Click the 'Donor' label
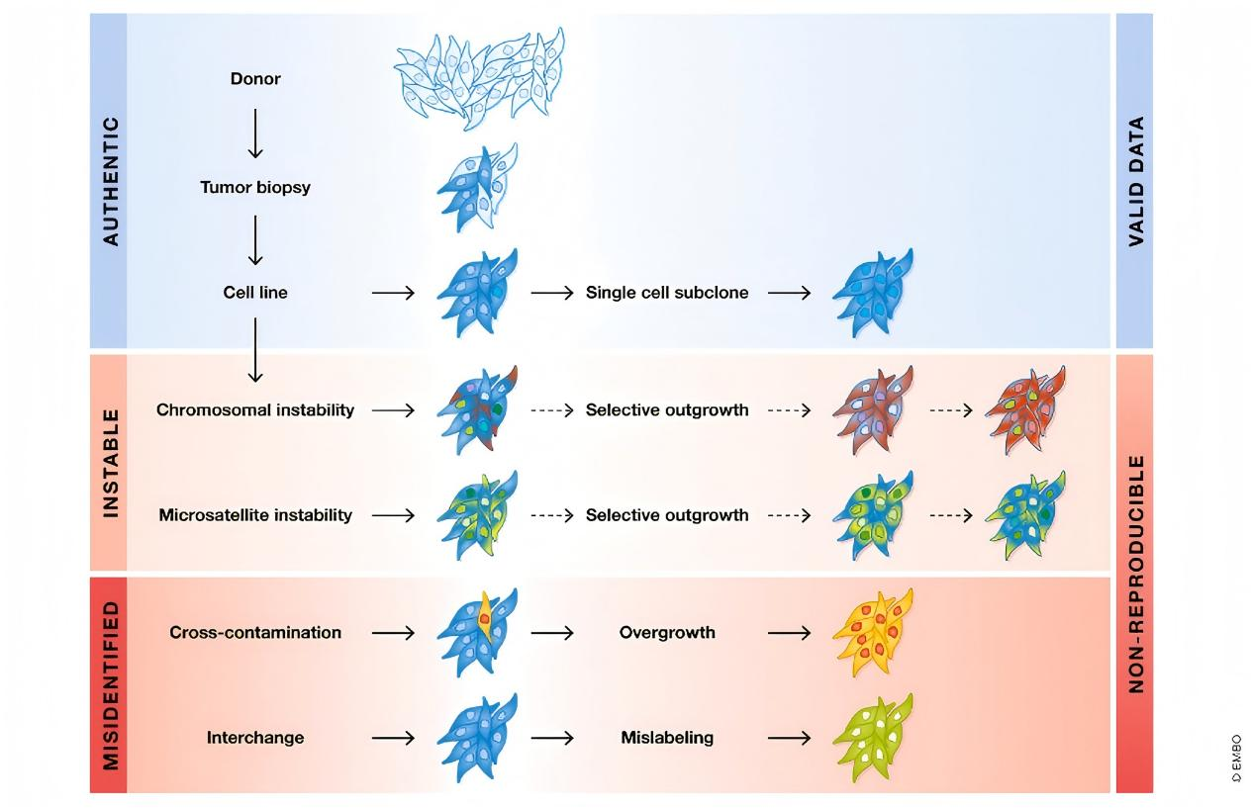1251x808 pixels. click(255, 78)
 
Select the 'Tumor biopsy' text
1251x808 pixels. click(255, 187)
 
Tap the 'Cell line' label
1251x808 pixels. click(255, 293)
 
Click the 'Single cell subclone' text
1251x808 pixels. click(667, 293)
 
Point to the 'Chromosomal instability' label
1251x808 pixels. click(255, 409)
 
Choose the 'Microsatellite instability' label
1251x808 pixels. click(255, 515)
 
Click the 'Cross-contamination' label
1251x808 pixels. click(255, 632)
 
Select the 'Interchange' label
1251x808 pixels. click(255, 738)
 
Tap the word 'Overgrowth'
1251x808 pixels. click(667, 632)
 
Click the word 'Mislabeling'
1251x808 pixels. click(667, 738)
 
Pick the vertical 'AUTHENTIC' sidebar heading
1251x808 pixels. click(110, 181)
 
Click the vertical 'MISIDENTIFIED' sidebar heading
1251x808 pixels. click(110, 684)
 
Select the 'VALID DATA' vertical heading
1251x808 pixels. click(1135, 181)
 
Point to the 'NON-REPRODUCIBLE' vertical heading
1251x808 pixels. click(1135, 574)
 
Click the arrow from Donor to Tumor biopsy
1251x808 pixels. click(255, 133)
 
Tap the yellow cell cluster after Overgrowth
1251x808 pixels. click(873, 633)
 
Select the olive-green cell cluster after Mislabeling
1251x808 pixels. click(873, 738)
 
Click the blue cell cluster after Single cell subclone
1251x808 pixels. click(873, 293)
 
